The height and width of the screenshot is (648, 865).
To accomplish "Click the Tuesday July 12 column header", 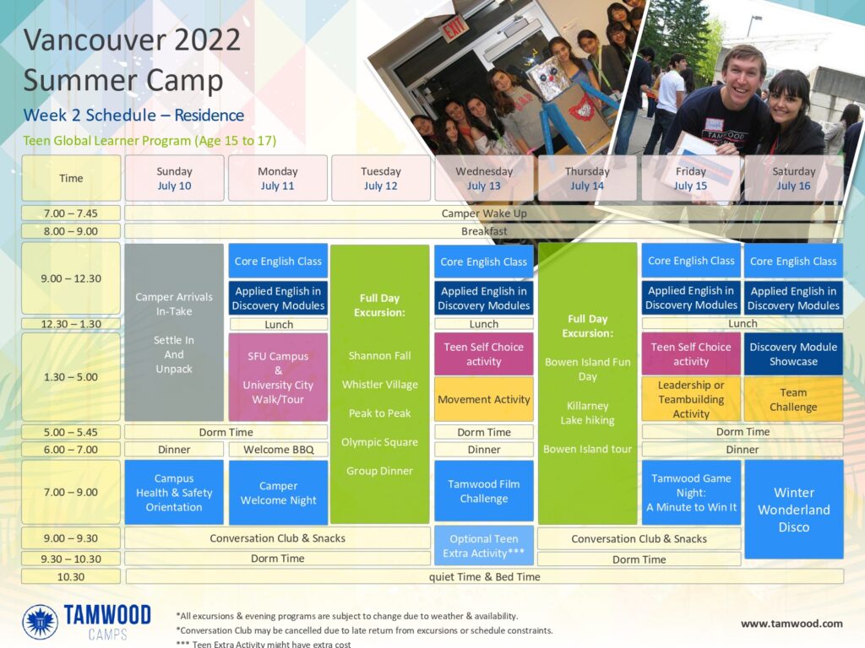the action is pyautogui.click(x=381, y=178).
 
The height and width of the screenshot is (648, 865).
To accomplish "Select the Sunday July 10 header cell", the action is pyautogui.click(x=174, y=178).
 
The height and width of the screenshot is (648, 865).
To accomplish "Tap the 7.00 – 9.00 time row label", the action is pyautogui.click(x=71, y=492).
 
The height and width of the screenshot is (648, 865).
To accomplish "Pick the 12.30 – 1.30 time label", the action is pyautogui.click(x=71, y=324).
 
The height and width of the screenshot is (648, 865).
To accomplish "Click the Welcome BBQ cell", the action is pyautogui.click(x=279, y=450).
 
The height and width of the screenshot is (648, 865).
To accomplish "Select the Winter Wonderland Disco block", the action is pyautogui.click(x=794, y=510).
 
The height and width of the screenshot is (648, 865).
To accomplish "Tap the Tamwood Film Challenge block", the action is pyautogui.click(x=484, y=491).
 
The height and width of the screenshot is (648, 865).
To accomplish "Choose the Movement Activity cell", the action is pyautogui.click(x=484, y=399).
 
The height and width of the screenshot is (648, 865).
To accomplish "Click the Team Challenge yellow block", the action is pyautogui.click(x=793, y=399).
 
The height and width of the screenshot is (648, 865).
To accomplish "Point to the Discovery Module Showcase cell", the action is pyautogui.click(x=793, y=354).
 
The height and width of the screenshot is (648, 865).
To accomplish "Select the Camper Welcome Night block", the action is pyautogui.click(x=278, y=493).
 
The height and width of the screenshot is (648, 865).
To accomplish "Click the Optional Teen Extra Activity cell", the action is pyautogui.click(x=484, y=546).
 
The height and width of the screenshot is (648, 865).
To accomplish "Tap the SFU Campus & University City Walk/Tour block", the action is pyautogui.click(x=278, y=377).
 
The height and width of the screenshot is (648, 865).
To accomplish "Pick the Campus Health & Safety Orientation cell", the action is pyautogui.click(x=174, y=492).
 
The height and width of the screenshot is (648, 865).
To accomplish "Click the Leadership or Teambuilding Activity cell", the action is pyautogui.click(x=691, y=399).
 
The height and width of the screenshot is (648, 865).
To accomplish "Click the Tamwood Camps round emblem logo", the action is pyautogui.click(x=40, y=622).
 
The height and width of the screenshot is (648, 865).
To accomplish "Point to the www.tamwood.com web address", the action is pyautogui.click(x=792, y=624).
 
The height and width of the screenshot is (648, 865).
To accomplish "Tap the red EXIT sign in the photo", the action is pyautogui.click(x=454, y=28).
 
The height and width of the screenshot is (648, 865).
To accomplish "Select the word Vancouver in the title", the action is pyautogui.click(x=95, y=40).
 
